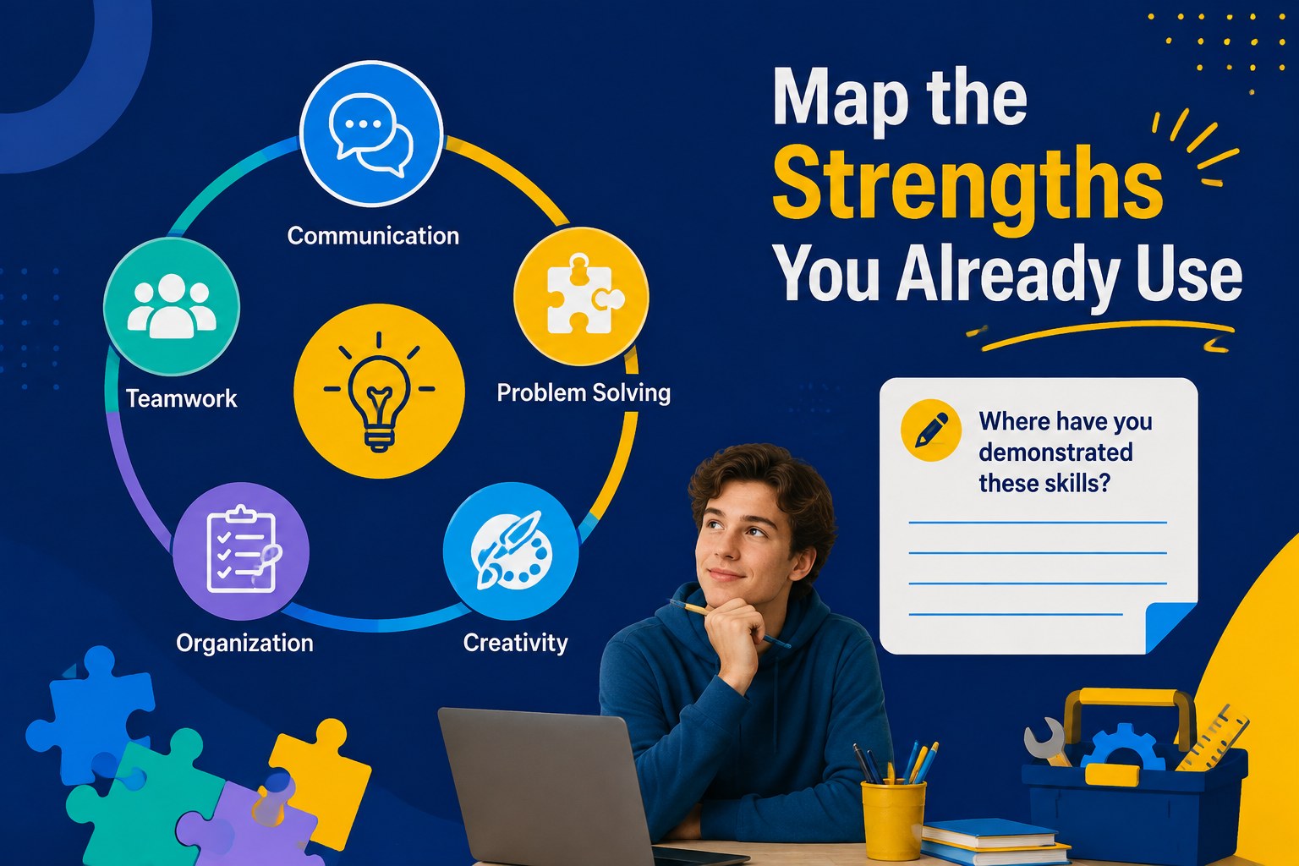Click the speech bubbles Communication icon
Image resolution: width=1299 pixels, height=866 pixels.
[x=371, y=134]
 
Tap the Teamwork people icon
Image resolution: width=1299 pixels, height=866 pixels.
[x=172, y=306]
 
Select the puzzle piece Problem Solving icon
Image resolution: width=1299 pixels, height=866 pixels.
[x=581, y=296]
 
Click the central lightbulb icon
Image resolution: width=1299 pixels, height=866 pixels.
[x=379, y=391]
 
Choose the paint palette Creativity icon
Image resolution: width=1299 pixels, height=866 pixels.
[x=511, y=551]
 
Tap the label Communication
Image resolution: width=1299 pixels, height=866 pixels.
[x=373, y=236]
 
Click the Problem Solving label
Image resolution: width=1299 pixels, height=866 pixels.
[x=584, y=393]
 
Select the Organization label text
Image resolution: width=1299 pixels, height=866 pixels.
[x=244, y=644]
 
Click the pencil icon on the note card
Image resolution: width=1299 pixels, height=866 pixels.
[x=931, y=430]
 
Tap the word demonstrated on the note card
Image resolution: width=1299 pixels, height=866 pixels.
[x=1055, y=452]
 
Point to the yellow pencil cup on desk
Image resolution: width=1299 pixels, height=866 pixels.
[x=893, y=819]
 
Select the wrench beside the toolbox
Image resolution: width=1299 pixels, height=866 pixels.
[x=1045, y=742]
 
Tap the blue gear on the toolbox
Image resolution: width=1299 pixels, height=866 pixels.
[x=1123, y=748]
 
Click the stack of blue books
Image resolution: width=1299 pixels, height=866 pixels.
[x=994, y=841]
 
